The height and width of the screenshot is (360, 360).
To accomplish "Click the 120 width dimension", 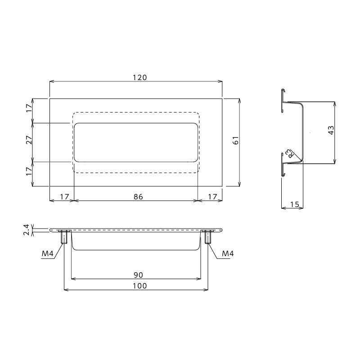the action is coord(139,77).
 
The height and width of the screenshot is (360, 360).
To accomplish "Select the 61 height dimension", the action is coord(236,140).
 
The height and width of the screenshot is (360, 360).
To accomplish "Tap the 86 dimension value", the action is coord(138,197).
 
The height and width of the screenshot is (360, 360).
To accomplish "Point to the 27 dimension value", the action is coord(29,140).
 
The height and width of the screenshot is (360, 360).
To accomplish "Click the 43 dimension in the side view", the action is coord(331,130).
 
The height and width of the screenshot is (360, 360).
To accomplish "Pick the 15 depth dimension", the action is coord(295,204).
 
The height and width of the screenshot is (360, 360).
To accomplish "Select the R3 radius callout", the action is coord(289,153).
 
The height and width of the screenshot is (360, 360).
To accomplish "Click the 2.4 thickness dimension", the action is coord(27,230).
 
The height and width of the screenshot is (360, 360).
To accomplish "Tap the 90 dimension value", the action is coord(138,275).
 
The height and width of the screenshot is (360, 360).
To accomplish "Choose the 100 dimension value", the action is coord(139,286).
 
